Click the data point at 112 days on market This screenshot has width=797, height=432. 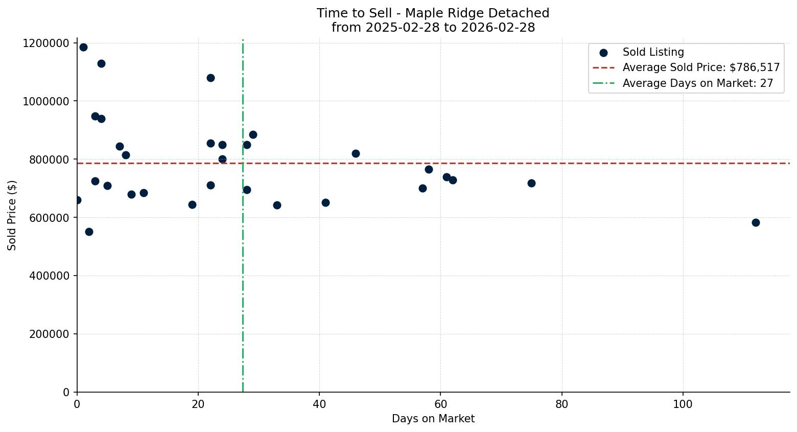[x=756, y=222]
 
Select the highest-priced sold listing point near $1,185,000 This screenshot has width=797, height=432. [x=83, y=47]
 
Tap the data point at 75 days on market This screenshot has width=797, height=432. [x=531, y=183]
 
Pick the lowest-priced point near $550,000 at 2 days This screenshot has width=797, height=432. [x=89, y=232]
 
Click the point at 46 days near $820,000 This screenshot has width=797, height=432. [x=356, y=153]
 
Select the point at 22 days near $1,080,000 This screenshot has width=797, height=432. [x=210, y=78]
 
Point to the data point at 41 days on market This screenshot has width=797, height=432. [x=325, y=202]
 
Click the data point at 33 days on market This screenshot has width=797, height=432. [x=277, y=205]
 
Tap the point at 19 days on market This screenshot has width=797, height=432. [x=192, y=204]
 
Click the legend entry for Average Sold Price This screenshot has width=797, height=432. [x=700, y=67]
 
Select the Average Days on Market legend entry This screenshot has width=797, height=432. [x=697, y=83]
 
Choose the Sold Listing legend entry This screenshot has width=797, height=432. [x=653, y=52]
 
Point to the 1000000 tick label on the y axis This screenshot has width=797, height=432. [x=46, y=101]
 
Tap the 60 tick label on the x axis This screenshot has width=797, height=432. [x=440, y=404]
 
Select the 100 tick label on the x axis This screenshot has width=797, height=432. [x=683, y=404]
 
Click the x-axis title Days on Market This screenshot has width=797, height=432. [x=433, y=419]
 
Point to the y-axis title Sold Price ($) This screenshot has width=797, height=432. [x=12, y=215]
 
